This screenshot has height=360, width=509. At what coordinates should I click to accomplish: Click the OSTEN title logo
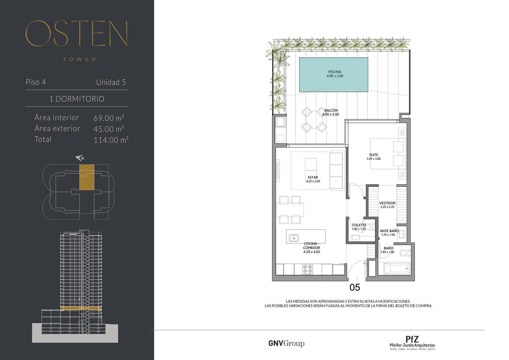tap(77, 33)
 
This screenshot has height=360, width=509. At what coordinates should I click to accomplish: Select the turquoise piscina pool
tap(334, 74)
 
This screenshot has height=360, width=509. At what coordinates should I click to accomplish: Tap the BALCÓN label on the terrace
tap(331, 110)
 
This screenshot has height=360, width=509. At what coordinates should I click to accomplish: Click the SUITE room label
tap(373, 155)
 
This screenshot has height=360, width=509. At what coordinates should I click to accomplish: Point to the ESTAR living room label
tap(313, 177)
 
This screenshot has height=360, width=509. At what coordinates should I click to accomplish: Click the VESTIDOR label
tap(387, 203)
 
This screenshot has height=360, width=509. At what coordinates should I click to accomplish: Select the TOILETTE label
tap(359, 225)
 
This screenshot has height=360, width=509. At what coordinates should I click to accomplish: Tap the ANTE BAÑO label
tap(389, 231)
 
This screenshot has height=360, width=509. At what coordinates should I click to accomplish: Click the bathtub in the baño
tap(397, 269)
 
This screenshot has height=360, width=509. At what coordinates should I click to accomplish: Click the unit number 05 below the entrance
tap(355, 287)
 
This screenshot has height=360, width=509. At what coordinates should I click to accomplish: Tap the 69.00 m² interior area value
tap(109, 118)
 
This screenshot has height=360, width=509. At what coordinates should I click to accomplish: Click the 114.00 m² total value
tap(111, 140)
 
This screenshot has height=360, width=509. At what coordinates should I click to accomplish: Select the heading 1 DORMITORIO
tap(77, 99)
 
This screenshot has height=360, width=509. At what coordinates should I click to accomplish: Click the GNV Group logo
tap(286, 343)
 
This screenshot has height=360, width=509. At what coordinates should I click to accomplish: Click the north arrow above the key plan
tap(80, 158)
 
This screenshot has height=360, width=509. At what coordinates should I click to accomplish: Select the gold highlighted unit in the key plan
tap(87, 177)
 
